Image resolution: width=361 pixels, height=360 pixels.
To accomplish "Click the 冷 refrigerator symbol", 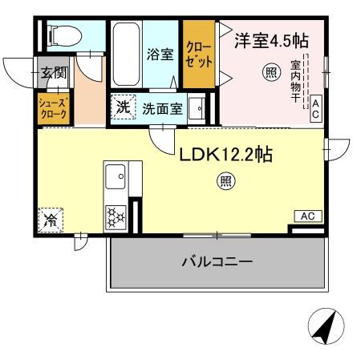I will coord(50,218).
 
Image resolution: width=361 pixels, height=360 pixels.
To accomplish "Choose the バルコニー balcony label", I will coord(217,262).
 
